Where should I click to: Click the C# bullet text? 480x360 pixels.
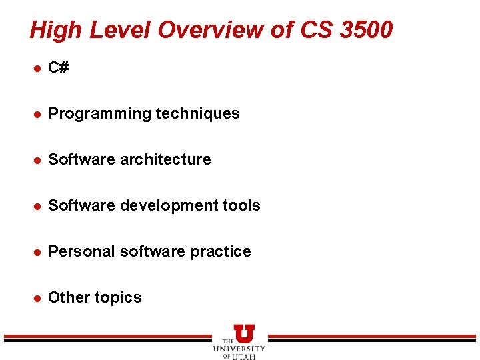[x=59, y=68]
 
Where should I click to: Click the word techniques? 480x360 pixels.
[x=197, y=114]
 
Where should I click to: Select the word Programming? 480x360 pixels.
[x=100, y=114]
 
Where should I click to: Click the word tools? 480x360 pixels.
[x=241, y=206]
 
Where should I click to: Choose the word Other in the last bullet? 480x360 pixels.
[x=67, y=298]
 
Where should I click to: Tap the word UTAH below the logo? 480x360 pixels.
[x=244, y=356]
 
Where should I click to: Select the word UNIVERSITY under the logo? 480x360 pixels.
[x=239, y=349]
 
